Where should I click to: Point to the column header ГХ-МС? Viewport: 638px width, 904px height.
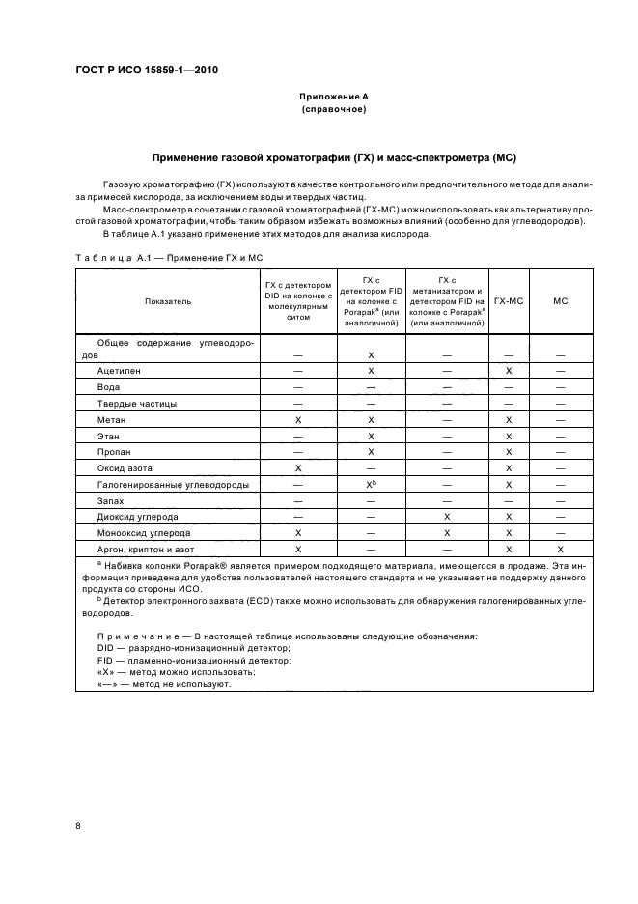click(508, 302)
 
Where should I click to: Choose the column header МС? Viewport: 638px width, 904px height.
click(560, 302)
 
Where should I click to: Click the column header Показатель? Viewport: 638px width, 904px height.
click(168, 302)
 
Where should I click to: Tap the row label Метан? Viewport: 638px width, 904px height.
click(112, 420)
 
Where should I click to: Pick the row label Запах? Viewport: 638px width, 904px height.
click(111, 500)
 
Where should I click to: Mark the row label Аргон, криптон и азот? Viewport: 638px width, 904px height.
click(146, 549)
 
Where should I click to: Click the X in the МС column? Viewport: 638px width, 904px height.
click(560, 549)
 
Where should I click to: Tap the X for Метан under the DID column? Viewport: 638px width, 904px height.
click(298, 420)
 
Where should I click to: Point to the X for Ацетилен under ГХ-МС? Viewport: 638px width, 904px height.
click(508, 371)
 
